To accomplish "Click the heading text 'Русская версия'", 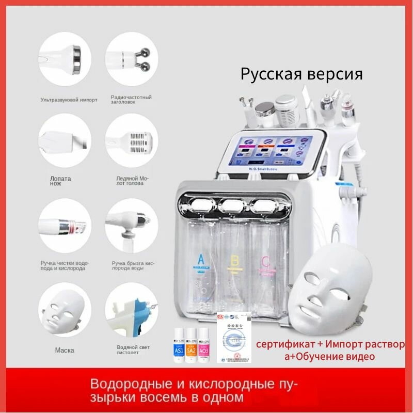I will point(301,73).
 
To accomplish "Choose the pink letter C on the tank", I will point(265,261).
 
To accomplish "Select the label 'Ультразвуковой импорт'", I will point(68,100).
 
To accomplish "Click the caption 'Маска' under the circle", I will point(65,350).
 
